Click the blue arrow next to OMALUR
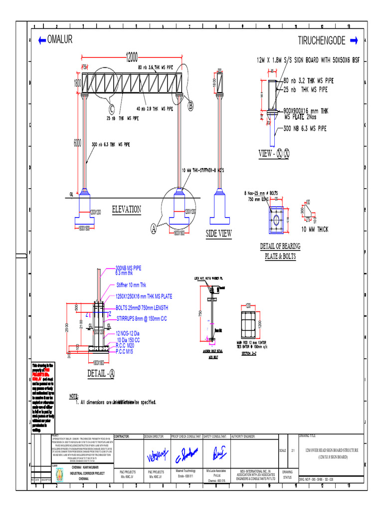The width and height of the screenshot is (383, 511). coord(40,40)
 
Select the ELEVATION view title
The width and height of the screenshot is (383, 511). coord(126,209)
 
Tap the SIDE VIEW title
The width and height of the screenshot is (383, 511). coord(218,233)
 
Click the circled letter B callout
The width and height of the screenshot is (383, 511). coord(190,106)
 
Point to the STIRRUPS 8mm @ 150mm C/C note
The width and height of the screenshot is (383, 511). coord(141,317)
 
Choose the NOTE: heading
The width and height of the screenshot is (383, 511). coord(74,396)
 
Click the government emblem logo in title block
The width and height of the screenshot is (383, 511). coord(59,473)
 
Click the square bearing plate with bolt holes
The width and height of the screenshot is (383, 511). coord(277,220)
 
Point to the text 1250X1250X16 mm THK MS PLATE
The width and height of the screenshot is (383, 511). coord(144,296)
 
